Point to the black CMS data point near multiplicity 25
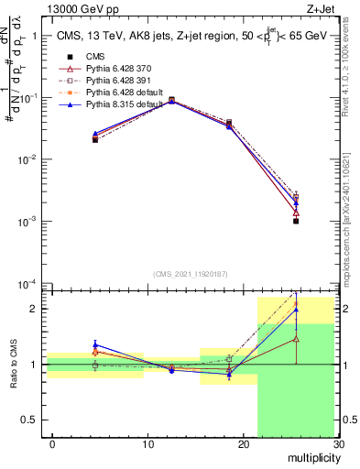[x=296, y=221]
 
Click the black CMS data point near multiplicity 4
[x=95, y=139]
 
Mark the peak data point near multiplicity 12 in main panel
[x=171, y=100]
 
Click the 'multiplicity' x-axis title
[x=311, y=457]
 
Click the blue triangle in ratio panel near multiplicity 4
[x=95, y=345]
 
